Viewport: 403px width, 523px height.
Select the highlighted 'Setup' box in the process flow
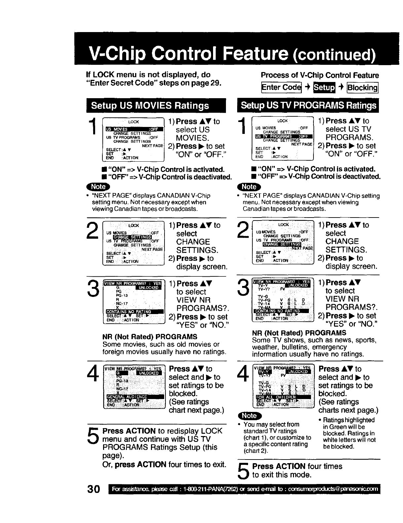(324, 87)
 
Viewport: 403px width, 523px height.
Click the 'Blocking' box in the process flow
(362, 88)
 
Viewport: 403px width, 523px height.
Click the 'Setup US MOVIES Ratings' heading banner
(150, 106)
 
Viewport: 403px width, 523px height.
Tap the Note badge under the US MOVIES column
(98, 187)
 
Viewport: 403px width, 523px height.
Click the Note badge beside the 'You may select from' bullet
(249, 416)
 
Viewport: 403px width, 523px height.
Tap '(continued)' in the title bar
(334, 55)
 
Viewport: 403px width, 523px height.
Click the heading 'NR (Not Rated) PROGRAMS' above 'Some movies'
(150, 337)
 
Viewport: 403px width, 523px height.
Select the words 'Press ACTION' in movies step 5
(129, 431)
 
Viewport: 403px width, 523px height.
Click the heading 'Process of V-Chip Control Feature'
(320, 75)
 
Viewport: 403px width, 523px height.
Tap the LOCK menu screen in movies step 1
(133, 139)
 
